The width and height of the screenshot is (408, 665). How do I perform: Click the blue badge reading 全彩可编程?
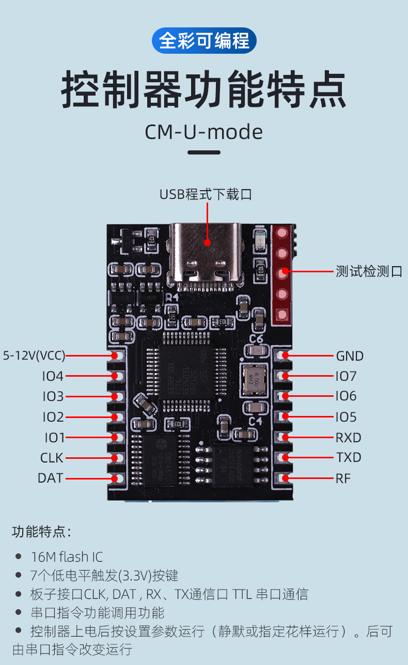click(x=204, y=41)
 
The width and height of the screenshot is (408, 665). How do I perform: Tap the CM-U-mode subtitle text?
click(x=203, y=132)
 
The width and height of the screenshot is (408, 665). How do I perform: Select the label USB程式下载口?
click(x=206, y=195)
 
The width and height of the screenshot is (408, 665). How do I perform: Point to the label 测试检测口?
click(x=369, y=271)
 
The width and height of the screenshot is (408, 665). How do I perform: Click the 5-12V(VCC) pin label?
click(x=34, y=355)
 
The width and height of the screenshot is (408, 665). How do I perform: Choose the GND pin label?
click(x=350, y=356)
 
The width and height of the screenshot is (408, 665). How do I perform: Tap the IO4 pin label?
click(x=53, y=376)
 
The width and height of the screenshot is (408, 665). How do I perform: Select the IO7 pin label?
click(x=346, y=376)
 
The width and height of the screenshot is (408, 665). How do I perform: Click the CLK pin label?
click(x=52, y=458)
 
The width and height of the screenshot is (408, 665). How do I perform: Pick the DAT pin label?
click(x=51, y=478)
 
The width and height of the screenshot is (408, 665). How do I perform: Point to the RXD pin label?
click(x=349, y=438)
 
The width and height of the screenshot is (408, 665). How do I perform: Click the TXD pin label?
click(x=349, y=458)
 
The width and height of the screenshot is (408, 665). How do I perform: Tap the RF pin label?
click(x=343, y=478)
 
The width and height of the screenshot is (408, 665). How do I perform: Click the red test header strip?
click(x=281, y=274)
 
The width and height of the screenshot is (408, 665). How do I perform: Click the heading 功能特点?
click(x=41, y=532)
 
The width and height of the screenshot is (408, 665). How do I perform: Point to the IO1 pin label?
click(x=54, y=438)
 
